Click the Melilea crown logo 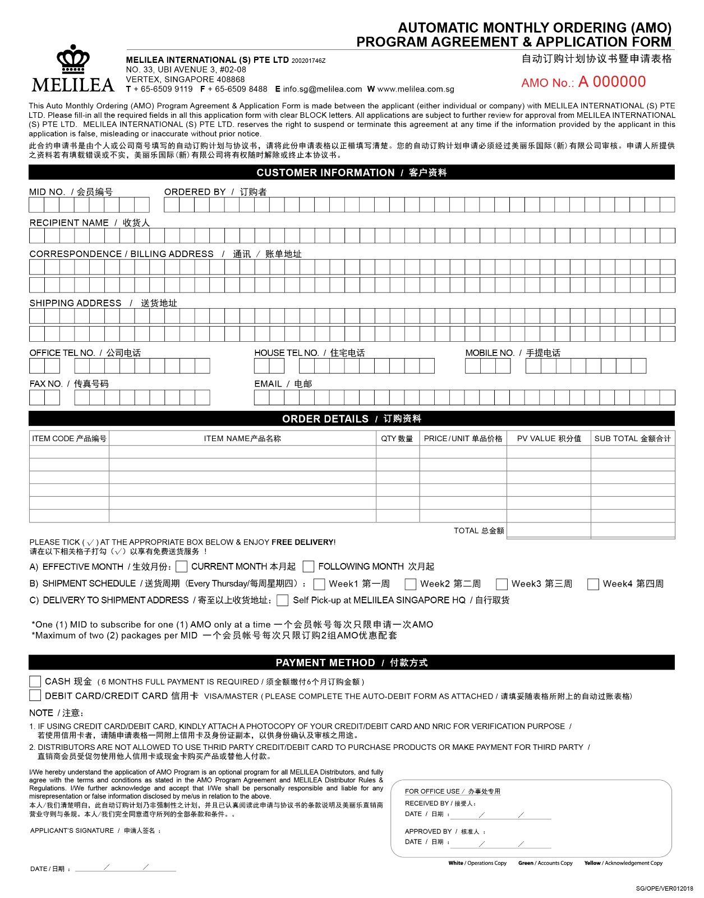[73, 59]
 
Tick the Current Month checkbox [181, 566]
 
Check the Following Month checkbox [308, 566]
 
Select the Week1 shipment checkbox [319, 584]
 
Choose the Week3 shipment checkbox [501, 584]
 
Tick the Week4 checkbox [593, 584]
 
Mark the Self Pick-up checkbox [283, 601]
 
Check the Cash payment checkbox [35, 681]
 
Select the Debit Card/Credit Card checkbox [35, 695]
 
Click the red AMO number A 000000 [612, 82]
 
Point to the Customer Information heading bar [352, 172]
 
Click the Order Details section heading [352, 419]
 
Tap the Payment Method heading [352, 662]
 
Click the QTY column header [397, 438]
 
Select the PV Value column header [549, 438]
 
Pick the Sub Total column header [632, 438]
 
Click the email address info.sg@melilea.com [323, 89]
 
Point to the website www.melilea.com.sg [416, 89]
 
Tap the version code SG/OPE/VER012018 [664, 888]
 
